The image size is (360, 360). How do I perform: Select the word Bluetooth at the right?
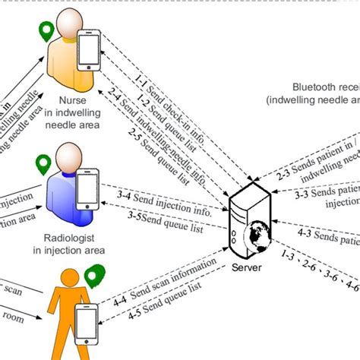[314, 88]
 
